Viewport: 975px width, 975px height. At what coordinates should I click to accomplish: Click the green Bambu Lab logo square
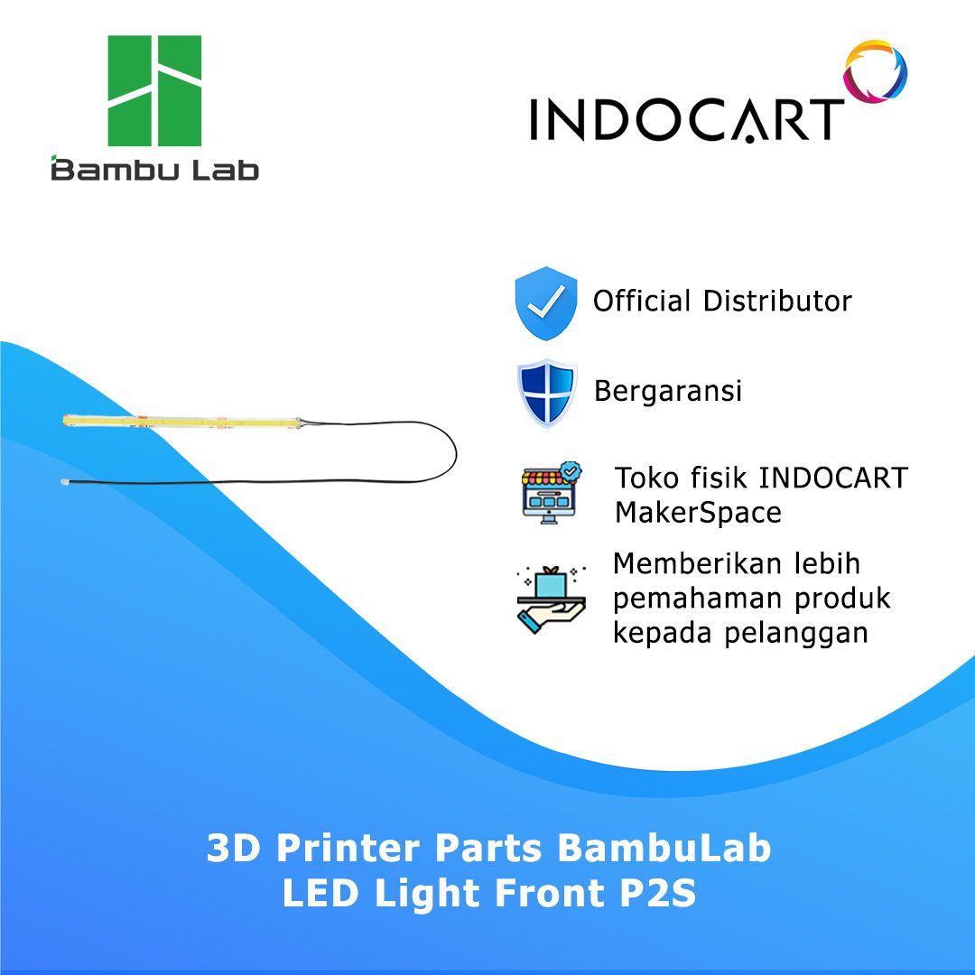[x=154, y=91]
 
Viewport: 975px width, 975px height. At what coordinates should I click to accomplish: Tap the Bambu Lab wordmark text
[x=155, y=169]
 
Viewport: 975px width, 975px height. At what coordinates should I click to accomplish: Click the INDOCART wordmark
[x=686, y=119]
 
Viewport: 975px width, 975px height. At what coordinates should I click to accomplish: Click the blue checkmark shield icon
[x=546, y=302]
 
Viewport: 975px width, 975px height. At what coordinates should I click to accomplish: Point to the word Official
[x=642, y=301]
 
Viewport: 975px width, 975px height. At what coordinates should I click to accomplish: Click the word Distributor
[x=777, y=301]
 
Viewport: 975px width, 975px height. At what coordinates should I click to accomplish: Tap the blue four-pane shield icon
[x=546, y=393]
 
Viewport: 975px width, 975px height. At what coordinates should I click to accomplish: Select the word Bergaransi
[x=668, y=392]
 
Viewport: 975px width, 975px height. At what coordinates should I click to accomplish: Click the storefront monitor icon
[x=551, y=493]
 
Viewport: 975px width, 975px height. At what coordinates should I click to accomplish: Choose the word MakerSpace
[x=698, y=513]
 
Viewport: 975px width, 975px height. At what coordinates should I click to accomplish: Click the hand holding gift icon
[x=551, y=599]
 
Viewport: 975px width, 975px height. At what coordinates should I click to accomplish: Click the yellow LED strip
[x=181, y=422]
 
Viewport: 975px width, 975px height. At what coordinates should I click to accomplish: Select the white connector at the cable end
[x=65, y=482]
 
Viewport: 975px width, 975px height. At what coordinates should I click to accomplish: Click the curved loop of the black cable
[x=454, y=452]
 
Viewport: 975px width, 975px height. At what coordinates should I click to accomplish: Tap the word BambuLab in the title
[x=664, y=847]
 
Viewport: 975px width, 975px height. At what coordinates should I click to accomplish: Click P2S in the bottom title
[x=658, y=893]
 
